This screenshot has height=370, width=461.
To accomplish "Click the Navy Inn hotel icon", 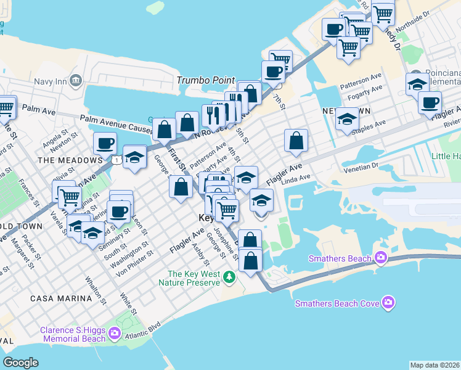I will pyautogui.click(x=76, y=80).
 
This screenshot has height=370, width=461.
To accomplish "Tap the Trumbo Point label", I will pyautogui.click(x=206, y=80).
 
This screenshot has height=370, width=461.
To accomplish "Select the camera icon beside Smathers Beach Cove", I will pyautogui.click(x=388, y=302).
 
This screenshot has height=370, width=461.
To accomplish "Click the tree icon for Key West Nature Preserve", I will pyautogui.click(x=229, y=277).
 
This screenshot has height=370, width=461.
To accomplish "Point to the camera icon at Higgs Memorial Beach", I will pyautogui.click(x=115, y=334).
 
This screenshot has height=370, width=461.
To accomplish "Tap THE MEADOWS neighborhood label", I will pyautogui.click(x=65, y=160).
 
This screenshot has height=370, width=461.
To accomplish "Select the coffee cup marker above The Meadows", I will pyautogui.click(x=105, y=143).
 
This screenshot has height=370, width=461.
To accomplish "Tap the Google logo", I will pyautogui.click(x=20, y=363).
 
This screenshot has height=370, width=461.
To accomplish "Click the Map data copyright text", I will pyautogui.click(x=434, y=365).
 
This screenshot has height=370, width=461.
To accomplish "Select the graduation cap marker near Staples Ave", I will pyautogui.click(x=348, y=119).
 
